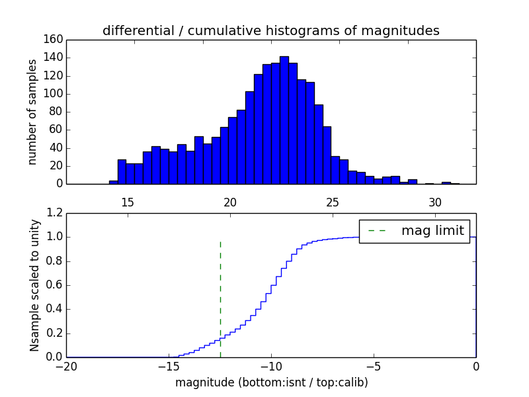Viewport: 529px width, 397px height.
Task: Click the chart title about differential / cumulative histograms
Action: coord(270,30)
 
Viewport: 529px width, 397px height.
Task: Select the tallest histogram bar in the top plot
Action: coord(284,120)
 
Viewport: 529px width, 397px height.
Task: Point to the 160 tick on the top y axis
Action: coord(55,40)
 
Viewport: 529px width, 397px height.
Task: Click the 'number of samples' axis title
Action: coord(32,111)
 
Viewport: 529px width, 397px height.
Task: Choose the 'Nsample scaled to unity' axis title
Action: coord(34,285)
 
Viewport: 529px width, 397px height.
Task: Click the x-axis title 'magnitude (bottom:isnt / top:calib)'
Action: coord(271,382)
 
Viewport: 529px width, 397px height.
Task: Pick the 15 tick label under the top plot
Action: coord(128,201)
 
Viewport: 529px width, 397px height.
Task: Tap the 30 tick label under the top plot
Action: coord(434,201)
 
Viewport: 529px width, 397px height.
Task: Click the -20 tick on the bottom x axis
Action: coord(66,367)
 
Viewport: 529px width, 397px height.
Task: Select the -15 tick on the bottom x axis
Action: coord(169,367)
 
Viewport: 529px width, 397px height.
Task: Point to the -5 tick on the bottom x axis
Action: coord(374,367)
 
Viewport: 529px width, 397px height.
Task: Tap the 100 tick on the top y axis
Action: coord(55,94)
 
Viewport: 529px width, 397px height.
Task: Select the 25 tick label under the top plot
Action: coord(333,201)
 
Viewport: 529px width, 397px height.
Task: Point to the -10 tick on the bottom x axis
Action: coord(271,367)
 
